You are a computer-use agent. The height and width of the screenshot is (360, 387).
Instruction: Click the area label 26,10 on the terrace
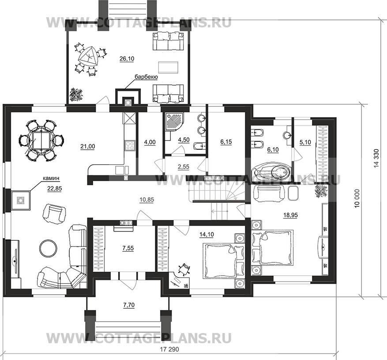(x=127, y=59)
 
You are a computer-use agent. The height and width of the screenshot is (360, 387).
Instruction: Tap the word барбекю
(x=146, y=77)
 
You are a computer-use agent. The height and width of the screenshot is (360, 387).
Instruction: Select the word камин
(x=51, y=178)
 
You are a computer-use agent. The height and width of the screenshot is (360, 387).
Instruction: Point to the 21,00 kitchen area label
(x=88, y=147)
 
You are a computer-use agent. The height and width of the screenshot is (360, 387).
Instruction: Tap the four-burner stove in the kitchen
(x=130, y=145)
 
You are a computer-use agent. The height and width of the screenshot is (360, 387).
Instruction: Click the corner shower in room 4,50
(x=174, y=122)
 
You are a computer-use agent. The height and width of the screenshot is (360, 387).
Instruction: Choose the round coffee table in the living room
(x=48, y=249)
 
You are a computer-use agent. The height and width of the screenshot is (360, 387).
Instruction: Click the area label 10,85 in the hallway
(x=147, y=200)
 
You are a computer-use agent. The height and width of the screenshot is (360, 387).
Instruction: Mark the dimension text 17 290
(x=169, y=349)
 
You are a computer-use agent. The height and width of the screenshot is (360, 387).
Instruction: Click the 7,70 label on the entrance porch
(x=129, y=305)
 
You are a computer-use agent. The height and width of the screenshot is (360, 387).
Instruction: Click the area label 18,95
(x=290, y=215)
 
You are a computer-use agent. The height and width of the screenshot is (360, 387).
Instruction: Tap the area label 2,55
(x=184, y=167)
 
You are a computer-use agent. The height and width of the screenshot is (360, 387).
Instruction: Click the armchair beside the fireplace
(x=55, y=213)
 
